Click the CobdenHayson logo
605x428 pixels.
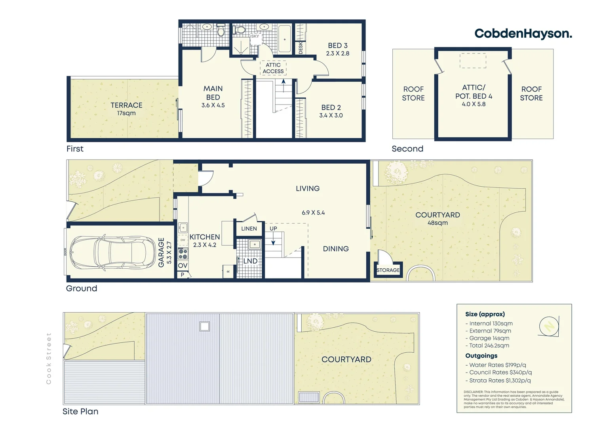point(523,34)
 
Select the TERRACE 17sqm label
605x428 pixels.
point(126,109)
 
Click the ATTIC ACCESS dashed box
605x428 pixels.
point(273,68)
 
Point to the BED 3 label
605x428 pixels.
point(338,46)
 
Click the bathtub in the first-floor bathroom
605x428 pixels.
point(284,39)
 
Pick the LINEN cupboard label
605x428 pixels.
point(249,229)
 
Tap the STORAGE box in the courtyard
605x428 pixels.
point(388,270)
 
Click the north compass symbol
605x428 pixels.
point(549,327)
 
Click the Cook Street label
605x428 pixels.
point(49,358)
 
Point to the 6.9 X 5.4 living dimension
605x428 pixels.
point(313,213)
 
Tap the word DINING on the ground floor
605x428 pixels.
point(336,249)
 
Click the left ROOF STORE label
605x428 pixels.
point(413,94)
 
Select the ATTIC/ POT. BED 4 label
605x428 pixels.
point(474,96)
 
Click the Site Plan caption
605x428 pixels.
point(80,411)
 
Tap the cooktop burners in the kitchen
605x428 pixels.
point(183,254)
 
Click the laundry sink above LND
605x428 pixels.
point(254,244)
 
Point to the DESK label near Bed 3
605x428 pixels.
point(301,48)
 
